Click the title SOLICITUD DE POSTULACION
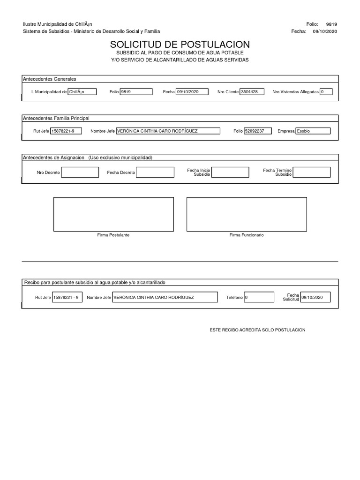[180, 45]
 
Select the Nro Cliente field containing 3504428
[252, 92]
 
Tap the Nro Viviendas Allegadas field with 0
[326, 92]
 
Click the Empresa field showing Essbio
[313, 131]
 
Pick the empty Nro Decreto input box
[80, 172]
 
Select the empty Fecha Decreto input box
[155, 172]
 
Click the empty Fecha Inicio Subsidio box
[230, 172]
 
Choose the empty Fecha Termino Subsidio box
[311, 172]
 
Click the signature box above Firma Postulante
[113, 214]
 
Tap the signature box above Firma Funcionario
[247, 214]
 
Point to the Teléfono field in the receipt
[259, 297]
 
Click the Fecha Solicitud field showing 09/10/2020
[315, 297]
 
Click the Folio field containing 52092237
[258, 131]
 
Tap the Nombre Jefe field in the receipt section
[165, 297]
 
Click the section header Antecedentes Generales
[50, 79]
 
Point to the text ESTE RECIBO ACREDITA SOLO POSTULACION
[257, 330]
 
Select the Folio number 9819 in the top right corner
[331, 24]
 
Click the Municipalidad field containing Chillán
[82, 92]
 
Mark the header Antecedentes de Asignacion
[53, 157]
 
